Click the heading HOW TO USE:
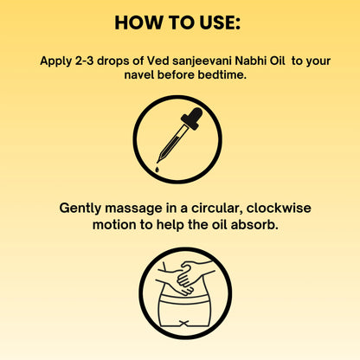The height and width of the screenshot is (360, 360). pos(179,22)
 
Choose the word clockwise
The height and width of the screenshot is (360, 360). pos(275,209)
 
